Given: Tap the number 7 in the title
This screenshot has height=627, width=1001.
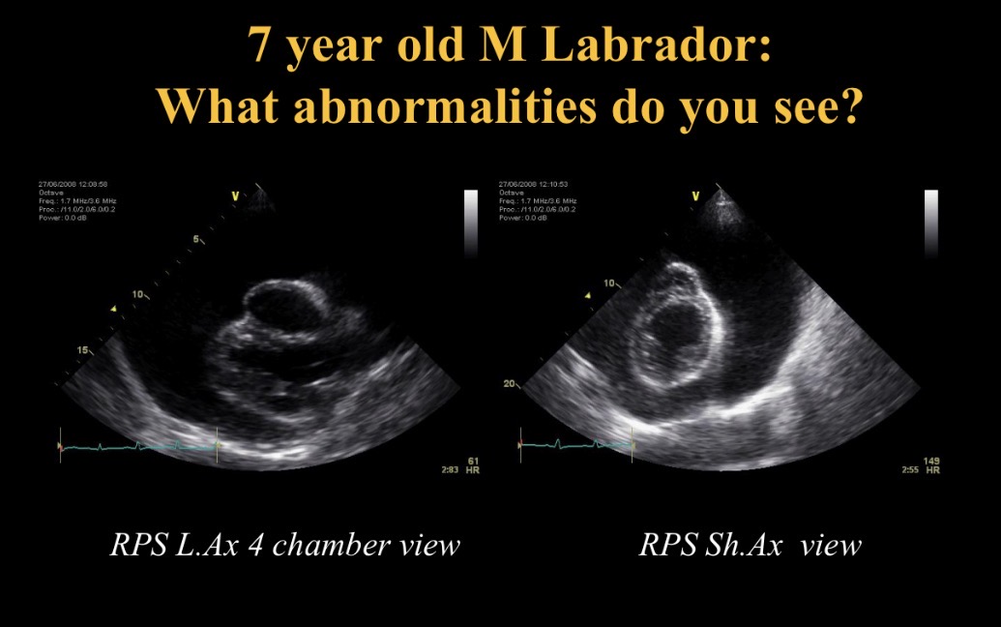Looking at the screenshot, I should pyautogui.click(x=259, y=45).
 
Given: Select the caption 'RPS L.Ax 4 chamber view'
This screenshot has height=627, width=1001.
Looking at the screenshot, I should pyautogui.click(x=284, y=545).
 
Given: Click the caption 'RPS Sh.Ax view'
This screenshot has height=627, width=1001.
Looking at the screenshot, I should pyautogui.click(x=750, y=545).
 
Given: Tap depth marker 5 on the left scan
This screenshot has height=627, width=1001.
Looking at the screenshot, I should pyautogui.click(x=195, y=239).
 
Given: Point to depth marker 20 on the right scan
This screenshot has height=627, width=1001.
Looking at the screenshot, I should pyautogui.click(x=510, y=384).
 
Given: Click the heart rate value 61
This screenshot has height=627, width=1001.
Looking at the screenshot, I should pyautogui.click(x=473, y=462).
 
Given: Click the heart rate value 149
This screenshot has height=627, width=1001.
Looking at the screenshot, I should pyautogui.click(x=931, y=461).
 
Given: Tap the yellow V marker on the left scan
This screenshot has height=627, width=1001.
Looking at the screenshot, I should pyautogui.click(x=234, y=195).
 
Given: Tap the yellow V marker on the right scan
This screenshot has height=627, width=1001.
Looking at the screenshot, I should pyautogui.click(x=694, y=195).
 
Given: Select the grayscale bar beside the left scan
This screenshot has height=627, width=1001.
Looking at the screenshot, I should pyautogui.click(x=471, y=224).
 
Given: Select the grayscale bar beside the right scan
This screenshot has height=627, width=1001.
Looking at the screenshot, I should pyautogui.click(x=930, y=224).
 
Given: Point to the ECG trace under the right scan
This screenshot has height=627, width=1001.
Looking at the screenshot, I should pyautogui.click(x=574, y=445).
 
